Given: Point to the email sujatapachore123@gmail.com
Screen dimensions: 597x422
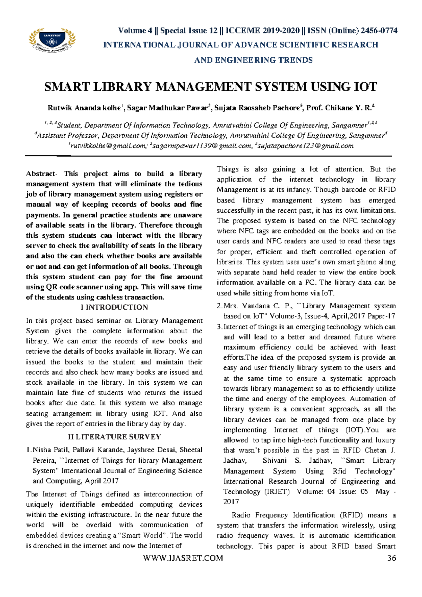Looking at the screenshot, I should [306, 146].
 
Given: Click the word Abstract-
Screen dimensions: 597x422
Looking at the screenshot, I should [41, 174].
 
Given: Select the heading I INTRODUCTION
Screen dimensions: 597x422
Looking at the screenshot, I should [114, 307].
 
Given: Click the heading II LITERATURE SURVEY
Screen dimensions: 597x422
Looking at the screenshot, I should [114, 437].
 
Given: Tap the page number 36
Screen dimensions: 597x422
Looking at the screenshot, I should [391, 558].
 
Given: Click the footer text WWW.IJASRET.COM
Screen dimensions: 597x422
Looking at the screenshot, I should [183, 558].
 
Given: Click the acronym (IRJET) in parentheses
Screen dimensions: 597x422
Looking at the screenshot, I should [277, 492].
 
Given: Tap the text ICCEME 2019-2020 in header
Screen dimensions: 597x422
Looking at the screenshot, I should [262, 31].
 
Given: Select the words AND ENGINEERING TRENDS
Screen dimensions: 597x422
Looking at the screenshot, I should [253, 60].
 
